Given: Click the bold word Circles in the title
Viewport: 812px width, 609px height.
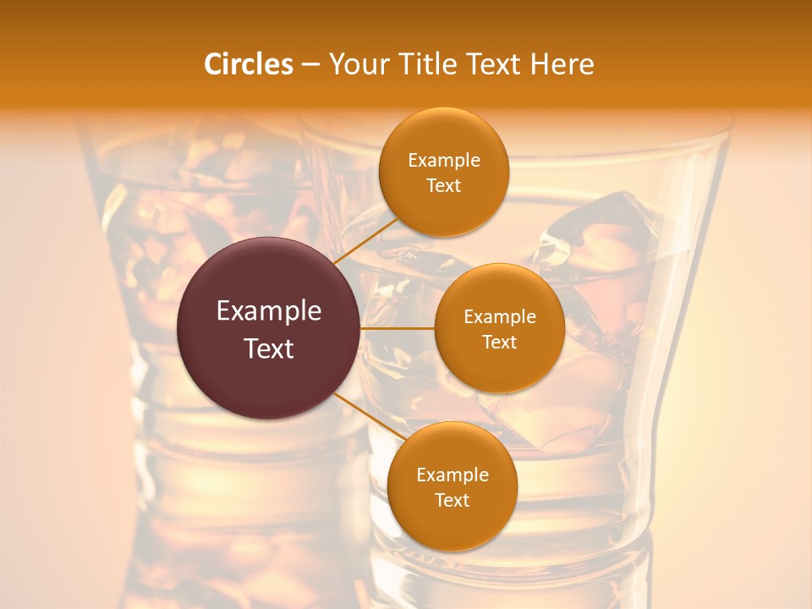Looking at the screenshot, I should pyautogui.click(x=249, y=64).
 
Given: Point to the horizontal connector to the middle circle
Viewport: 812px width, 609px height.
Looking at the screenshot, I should pyautogui.click(x=397, y=328).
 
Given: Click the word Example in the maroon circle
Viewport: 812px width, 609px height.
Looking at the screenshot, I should pyautogui.click(x=269, y=311).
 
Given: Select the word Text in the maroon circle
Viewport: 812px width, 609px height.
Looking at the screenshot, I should pyautogui.click(x=269, y=348).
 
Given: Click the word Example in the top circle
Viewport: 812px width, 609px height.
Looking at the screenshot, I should pyautogui.click(x=444, y=161).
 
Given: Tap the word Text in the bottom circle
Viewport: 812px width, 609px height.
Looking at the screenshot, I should pyautogui.click(x=452, y=500).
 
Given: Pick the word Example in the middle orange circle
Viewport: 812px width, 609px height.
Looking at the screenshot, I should pyautogui.click(x=499, y=317).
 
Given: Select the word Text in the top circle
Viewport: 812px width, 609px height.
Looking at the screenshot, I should pyautogui.click(x=444, y=185).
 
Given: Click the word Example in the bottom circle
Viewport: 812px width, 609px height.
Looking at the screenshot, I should pyautogui.click(x=452, y=475).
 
